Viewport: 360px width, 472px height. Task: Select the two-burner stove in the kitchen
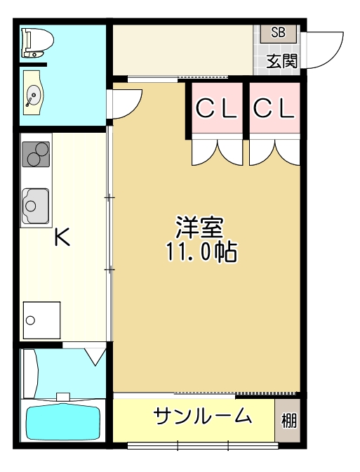pos(36,154)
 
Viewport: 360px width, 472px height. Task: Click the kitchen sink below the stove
pos(35,204)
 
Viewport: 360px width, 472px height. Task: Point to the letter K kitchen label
pos(62,238)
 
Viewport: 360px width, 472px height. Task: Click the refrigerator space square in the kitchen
pos(41,320)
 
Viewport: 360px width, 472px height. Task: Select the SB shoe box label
pos(278,32)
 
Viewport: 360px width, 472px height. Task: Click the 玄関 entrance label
pos(281,60)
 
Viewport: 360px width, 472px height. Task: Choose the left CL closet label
pos(215,108)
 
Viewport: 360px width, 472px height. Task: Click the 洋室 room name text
pos(199,228)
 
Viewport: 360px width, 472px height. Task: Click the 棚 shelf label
pos(288,421)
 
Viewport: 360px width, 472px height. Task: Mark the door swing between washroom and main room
pos(124,103)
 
